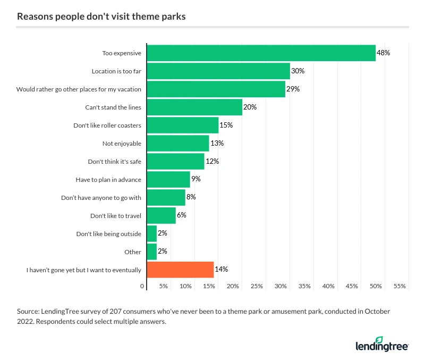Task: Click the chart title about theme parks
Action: (x=101, y=16)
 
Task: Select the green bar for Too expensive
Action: (x=261, y=53)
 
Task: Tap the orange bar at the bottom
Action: (x=180, y=270)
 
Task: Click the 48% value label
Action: (x=384, y=53)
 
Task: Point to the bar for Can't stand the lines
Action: (x=194, y=107)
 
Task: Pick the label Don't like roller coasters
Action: (x=107, y=125)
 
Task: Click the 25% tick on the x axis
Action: (x=257, y=286)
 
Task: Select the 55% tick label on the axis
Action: (x=399, y=286)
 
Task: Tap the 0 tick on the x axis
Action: (x=142, y=286)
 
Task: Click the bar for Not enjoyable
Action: (x=178, y=144)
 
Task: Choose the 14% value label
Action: (x=221, y=270)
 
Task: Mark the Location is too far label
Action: (x=116, y=71)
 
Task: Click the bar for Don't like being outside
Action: (x=152, y=234)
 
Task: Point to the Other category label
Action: (x=133, y=252)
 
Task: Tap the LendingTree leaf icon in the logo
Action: (x=394, y=339)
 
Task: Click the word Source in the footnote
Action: (x=28, y=311)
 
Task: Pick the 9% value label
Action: (x=196, y=179)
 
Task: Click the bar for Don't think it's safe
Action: (x=175, y=161)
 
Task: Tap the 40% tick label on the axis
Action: (x=328, y=286)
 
